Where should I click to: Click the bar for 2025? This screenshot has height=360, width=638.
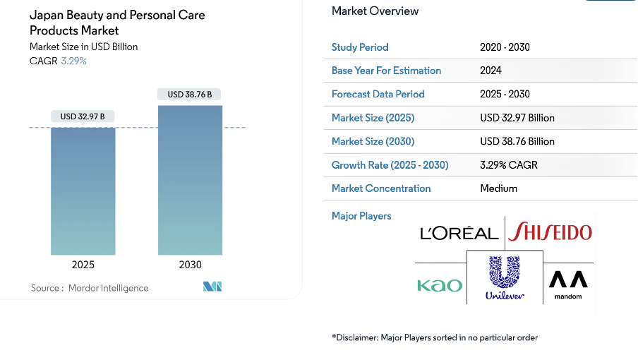(83, 191)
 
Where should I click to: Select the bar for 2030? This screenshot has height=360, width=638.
(190, 180)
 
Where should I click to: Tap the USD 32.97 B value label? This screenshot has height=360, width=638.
(83, 116)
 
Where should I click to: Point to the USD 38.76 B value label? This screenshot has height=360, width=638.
(190, 94)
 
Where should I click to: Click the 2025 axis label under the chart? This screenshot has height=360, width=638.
(83, 265)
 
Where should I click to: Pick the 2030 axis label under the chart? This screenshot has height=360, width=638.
(190, 265)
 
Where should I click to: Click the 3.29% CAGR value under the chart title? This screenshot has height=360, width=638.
(74, 61)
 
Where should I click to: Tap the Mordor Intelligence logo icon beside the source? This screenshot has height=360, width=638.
(212, 287)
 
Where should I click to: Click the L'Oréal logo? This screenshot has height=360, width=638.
(459, 233)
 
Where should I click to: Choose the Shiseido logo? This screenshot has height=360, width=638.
(550, 232)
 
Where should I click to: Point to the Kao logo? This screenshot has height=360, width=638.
(440, 285)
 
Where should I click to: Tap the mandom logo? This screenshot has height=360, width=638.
(568, 284)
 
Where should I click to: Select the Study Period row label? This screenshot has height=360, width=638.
(360, 47)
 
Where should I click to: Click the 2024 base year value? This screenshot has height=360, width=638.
(490, 71)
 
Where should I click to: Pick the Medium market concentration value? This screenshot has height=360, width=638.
(498, 188)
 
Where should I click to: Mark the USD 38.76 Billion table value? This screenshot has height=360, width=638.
(517, 141)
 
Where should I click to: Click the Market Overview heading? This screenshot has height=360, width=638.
(375, 11)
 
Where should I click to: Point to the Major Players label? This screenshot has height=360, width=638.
(361, 216)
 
